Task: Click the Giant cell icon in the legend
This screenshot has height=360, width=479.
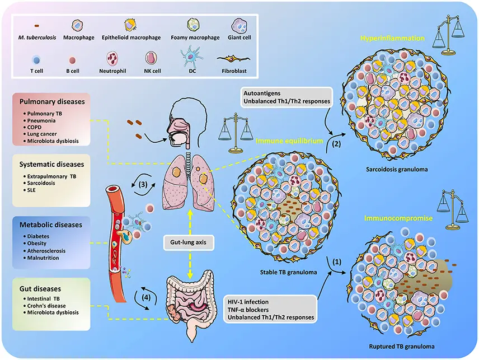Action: point(239,25)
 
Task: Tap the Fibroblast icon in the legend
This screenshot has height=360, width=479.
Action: point(233,58)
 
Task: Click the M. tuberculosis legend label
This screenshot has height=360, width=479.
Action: point(37,38)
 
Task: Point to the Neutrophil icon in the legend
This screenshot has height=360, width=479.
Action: point(112,58)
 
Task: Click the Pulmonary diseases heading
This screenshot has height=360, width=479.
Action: point(52,102)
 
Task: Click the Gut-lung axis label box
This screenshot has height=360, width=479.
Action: point(188,242)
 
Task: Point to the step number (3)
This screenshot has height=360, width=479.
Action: point(143,184)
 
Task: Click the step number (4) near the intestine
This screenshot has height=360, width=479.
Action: point(146,297)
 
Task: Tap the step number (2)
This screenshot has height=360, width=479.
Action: point(336,144)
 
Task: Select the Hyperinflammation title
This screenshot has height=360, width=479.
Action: point(392,38)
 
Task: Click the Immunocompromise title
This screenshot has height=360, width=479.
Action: point(398,218)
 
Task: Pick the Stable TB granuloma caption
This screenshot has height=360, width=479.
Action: point(288,272)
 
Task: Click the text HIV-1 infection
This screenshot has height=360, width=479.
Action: point(248,302)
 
